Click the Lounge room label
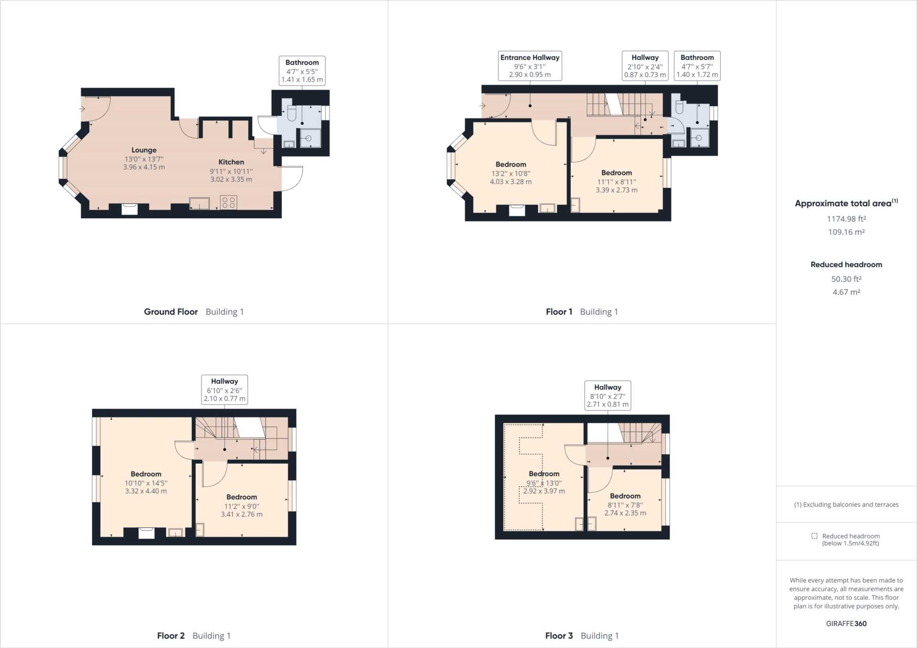(x=144, y=150)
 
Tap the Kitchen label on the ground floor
(x=231, y=162)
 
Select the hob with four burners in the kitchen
(x=228, y=202)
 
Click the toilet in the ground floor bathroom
(x=292, y=112)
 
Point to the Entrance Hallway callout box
(x=530, y=65)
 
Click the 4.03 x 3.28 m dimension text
(x=511, y=181)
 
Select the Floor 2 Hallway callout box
(x=224, y=390)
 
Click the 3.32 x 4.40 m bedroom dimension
(x=146, y=491)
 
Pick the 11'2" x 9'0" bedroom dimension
(x=242, y=506)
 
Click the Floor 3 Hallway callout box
(x=608, y=395)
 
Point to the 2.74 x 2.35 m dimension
(x=625, y=513)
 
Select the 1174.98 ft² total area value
(x=846, y=219)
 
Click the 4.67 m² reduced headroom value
(x=846, y=292)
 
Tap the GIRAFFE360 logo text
(x=846, y=623)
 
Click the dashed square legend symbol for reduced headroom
(x=814, y=536)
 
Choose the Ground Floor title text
(x=171, y=312)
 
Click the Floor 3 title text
(x=559, y=636)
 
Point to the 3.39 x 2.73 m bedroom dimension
(x=617, y=190)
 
